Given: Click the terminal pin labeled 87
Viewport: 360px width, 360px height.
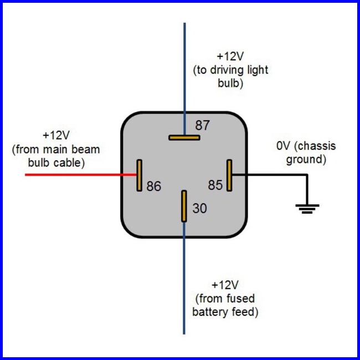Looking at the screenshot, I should [184, 137].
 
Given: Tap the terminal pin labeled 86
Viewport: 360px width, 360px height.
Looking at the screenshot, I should [140, 175].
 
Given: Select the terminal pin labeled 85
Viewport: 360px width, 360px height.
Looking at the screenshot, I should [229, 175].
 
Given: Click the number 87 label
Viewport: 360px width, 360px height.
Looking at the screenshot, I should [203, 126].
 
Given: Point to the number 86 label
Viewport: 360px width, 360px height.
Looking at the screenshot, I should [154, 187].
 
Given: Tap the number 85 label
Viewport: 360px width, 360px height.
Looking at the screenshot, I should [215, 185].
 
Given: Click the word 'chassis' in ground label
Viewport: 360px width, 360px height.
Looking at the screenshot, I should [317, 147].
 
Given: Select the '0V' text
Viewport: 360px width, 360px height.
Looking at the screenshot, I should [285, 147].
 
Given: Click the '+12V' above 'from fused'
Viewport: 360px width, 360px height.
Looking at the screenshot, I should [225, 285].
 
